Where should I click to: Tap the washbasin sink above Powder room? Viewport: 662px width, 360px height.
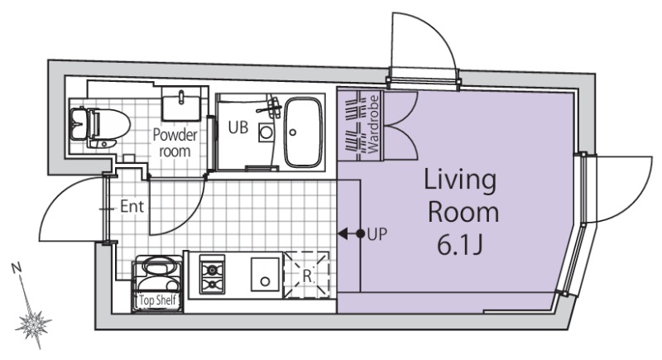tap(181, 104)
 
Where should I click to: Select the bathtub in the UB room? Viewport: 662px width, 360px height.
tap(303, 132)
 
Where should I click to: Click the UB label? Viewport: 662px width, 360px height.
tap(238, 127)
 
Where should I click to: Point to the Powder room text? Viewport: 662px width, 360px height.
tap(175, 143)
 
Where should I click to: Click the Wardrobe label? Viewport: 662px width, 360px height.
tap(374, 124)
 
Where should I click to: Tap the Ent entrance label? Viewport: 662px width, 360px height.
tap(132, 206)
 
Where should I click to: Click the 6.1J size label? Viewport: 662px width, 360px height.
tap(459, 245)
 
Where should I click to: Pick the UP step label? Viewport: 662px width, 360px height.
tap(377, 234)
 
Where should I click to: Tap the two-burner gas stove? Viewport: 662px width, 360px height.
tap(212, 273)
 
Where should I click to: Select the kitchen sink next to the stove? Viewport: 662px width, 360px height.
tap(265, 274)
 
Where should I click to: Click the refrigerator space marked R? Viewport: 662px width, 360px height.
tap(307, 274)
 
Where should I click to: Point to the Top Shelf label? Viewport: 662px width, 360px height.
tap(157, 300)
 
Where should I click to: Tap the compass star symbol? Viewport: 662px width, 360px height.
tap(33, 323)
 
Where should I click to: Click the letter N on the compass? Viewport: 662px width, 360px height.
tap(17, 267)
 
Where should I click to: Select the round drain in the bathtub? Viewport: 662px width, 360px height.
tap(293, 132)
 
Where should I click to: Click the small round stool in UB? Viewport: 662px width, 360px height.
tap(266, 132)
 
